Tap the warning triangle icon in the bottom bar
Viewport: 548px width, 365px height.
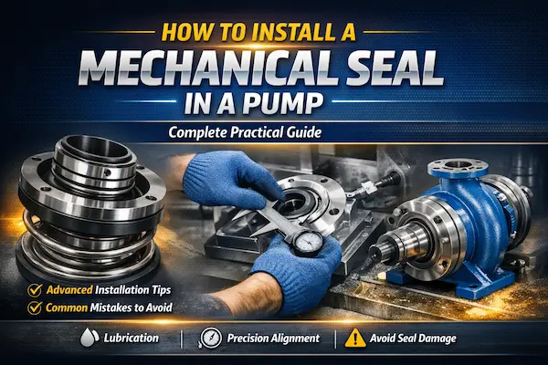pyautogui.click(x=353, y=338)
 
